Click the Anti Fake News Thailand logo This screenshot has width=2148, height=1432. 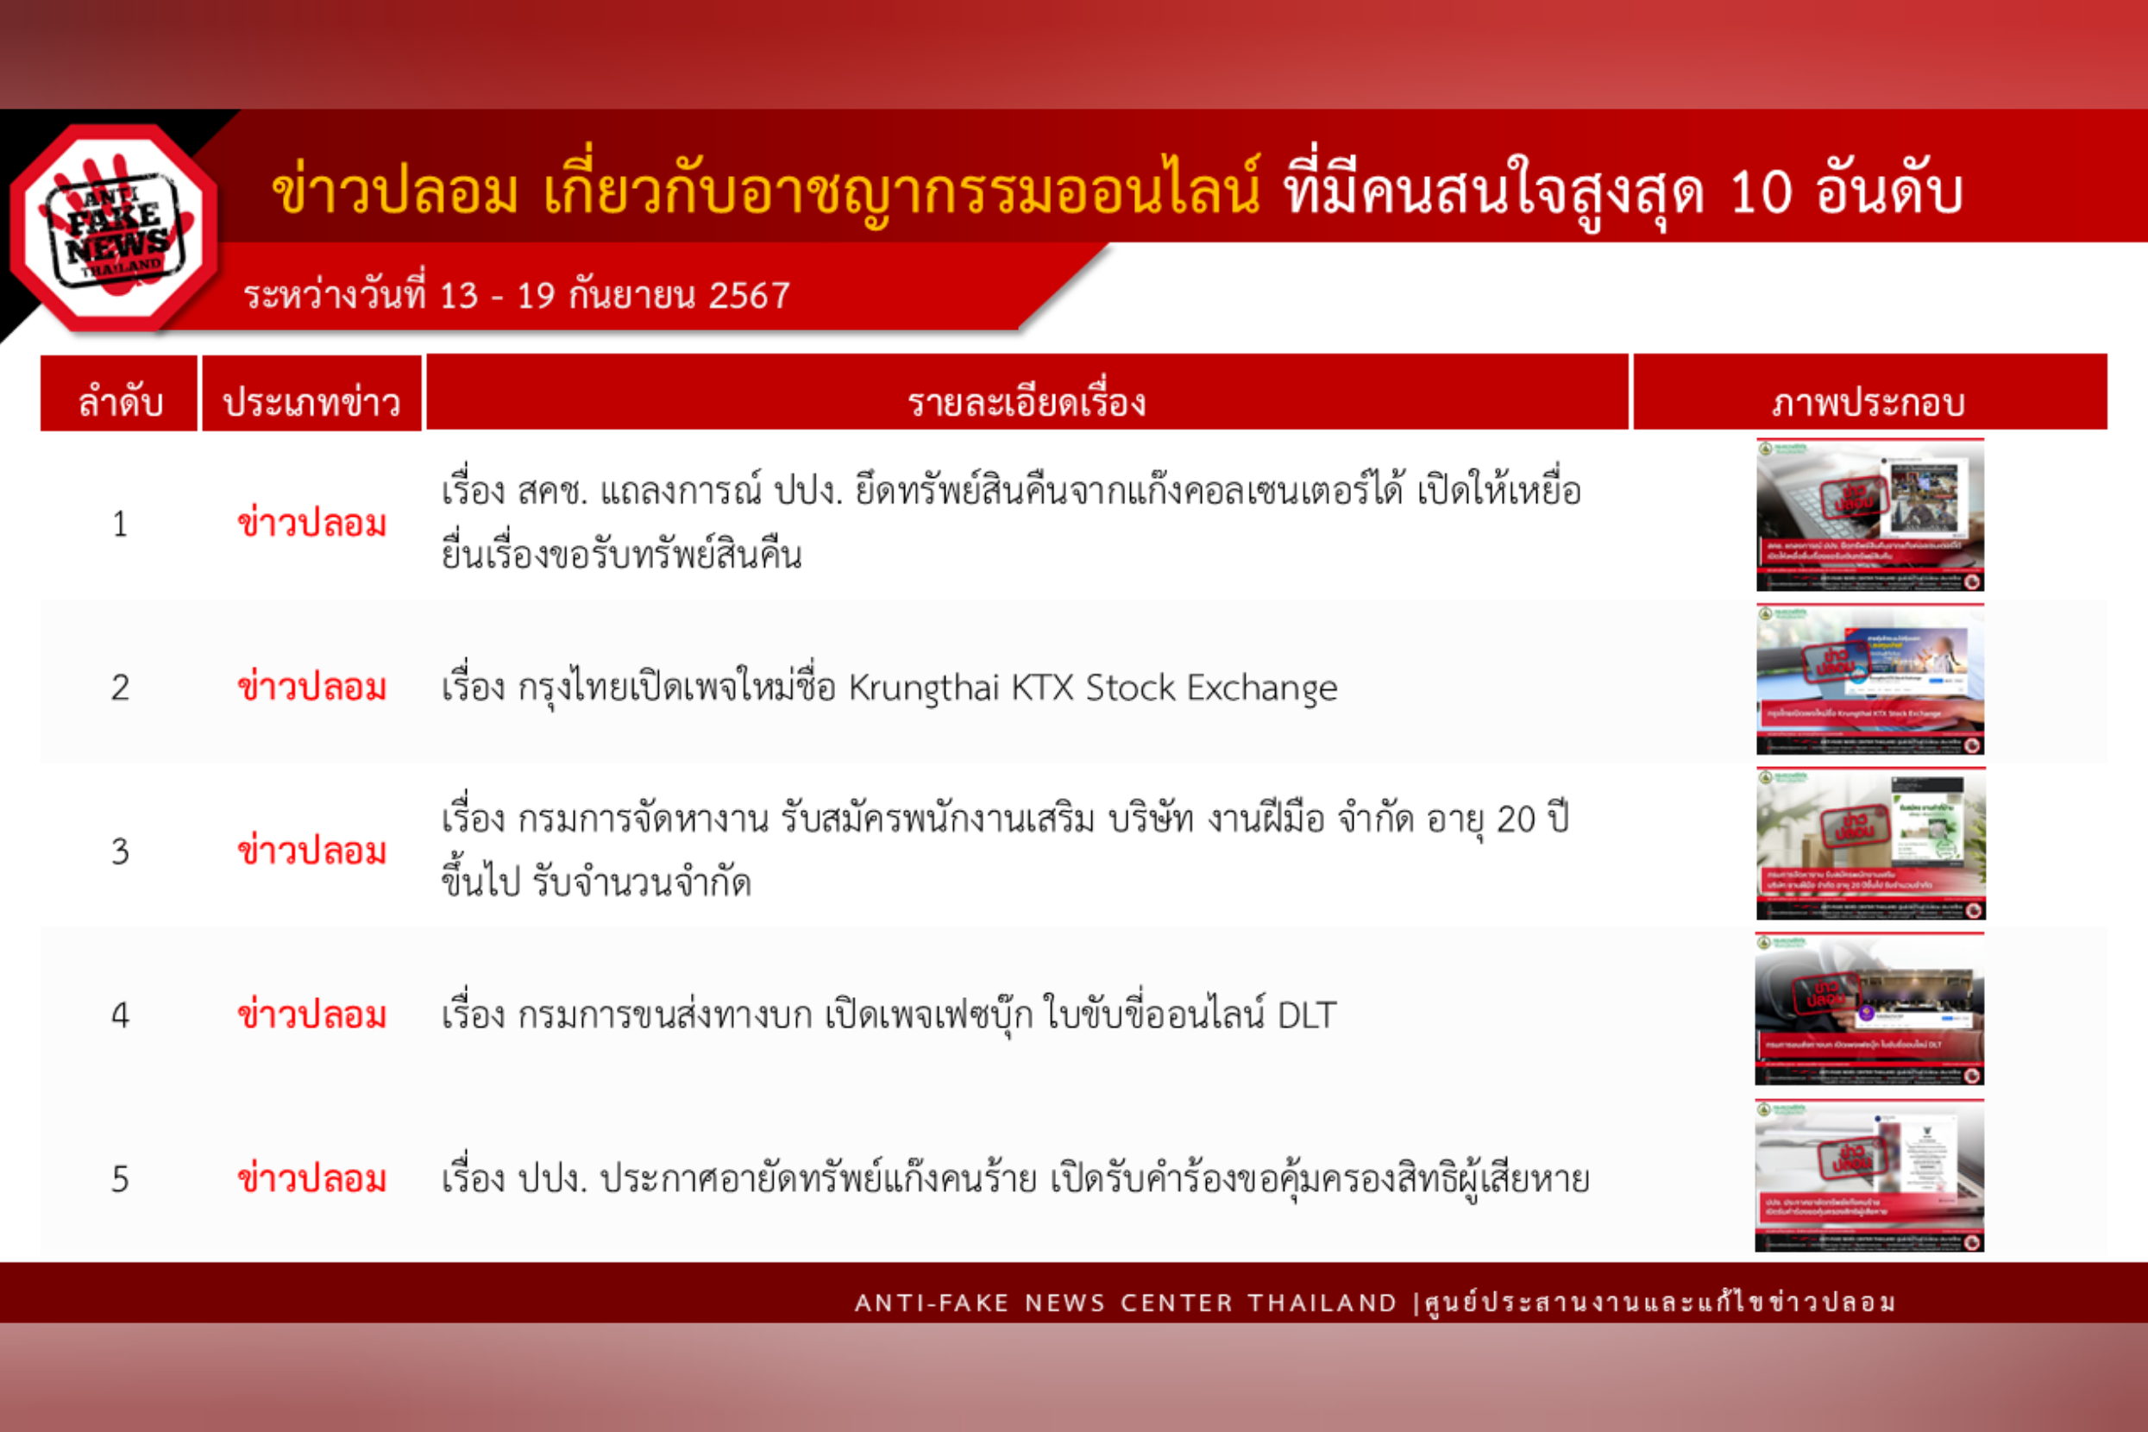114,229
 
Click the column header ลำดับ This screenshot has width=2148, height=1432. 120,401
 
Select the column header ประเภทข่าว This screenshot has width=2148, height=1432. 311,401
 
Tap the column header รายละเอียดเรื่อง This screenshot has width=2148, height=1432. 1027,401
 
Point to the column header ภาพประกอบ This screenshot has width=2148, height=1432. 1869,401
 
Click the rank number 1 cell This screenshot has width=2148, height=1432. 120,524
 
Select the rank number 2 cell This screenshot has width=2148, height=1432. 120,688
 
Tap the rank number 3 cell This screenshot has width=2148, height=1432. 120,852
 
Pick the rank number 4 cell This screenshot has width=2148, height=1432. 120,1015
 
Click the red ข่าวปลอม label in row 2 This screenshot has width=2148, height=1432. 311,688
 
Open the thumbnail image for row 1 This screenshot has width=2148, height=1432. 1869,515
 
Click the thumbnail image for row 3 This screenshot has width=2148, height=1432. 1869,844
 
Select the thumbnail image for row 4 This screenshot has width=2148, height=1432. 1869,1009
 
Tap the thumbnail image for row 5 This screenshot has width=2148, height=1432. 1869,1176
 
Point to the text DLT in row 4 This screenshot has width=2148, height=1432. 1306,1015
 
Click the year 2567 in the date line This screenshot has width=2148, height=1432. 749,295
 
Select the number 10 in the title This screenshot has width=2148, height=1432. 1760,192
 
